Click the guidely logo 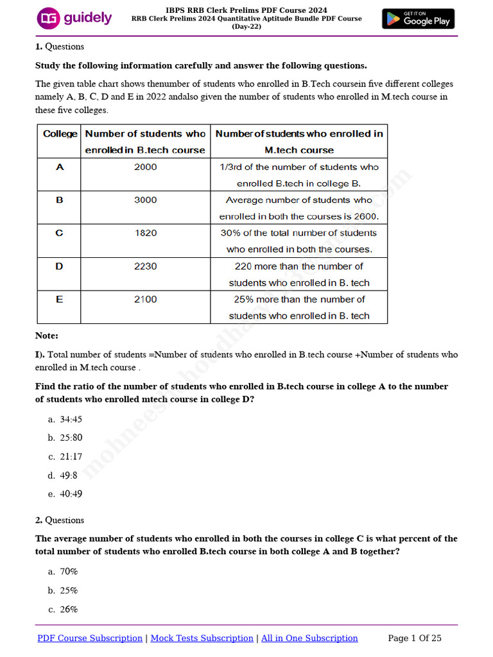(74, 18)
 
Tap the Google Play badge (418, 19)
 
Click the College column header (60, 133)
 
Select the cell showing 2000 (145, 167)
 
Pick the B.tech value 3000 (145, 200)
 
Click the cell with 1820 (145, 233)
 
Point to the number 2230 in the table (145, 266)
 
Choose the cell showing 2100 (145, 299)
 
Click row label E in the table (60, 299)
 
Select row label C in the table (60, 233)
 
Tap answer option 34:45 (71, 420)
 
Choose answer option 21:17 (71, 457)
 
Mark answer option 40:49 (71, 494)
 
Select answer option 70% (68, 571)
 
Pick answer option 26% (68, 610)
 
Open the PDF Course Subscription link (90, 638)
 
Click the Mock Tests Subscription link (202, 638)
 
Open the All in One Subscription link (309, 638)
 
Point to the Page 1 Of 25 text (415, 638)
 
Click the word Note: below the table (47, 336)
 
